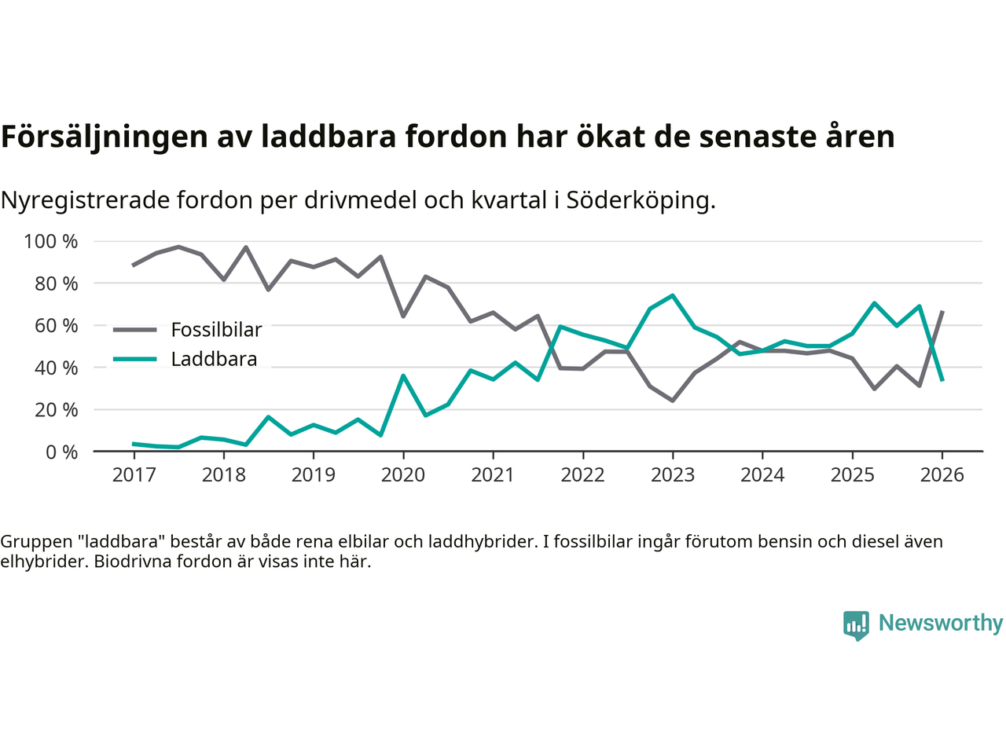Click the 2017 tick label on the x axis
tap(134, 475)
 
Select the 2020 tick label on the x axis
tap(403, 475)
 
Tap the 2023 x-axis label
tap(673, 475)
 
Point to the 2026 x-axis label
tap(942, 475)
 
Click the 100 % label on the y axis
tap(51, 241)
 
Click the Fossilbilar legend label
tap(216, 330)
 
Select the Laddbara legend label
tap(214, 359)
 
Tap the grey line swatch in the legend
tap(134, 330)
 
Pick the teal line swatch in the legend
tap(134, 359)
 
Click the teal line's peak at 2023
tap(673, 295)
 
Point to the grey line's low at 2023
tap(673, 401)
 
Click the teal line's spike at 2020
tap(403, 375)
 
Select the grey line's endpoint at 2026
tap(942, 312)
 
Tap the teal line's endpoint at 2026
tap(942, 380)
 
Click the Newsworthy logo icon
tap(856, 625)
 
